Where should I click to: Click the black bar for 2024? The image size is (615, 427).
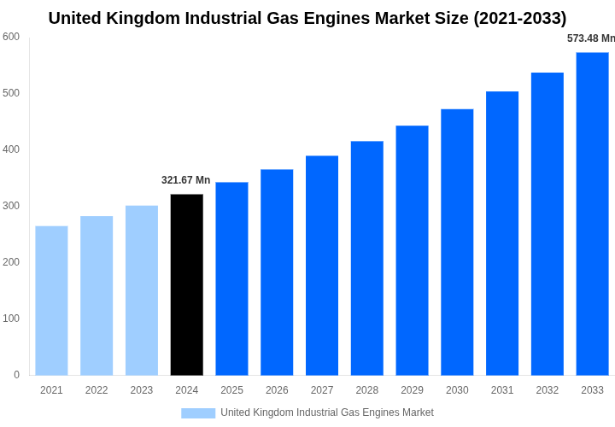tap(187, 284)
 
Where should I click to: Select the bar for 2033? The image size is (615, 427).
tap(592, 213)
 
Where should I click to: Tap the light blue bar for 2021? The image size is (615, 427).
tap(51, 301)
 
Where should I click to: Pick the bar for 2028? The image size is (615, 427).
tap(367, 258)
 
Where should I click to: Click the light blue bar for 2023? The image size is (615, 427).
tap(142, 290)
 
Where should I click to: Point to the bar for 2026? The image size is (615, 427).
tap(277, 272)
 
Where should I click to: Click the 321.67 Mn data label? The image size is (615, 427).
tap(185, 180)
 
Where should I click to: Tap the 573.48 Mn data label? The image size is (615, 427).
tap(590, 38)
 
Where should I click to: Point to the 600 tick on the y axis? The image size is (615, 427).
tap(11, 37)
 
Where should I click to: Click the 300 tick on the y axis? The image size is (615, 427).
tap(11, 206)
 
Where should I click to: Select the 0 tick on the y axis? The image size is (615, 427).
tap(16, 375)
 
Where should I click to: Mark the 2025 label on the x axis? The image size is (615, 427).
tap(231, 390)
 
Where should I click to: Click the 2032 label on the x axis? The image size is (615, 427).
tap(547, 390)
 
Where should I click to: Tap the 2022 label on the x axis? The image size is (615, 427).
tap(97, 390)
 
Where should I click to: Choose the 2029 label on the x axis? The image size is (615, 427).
tap(412, 390)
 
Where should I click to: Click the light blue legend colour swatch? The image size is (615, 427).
tap(198, 413)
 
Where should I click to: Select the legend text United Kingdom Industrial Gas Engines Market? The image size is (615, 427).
tap(327, 413)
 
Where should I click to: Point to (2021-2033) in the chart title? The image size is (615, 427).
tap(519, 18)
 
